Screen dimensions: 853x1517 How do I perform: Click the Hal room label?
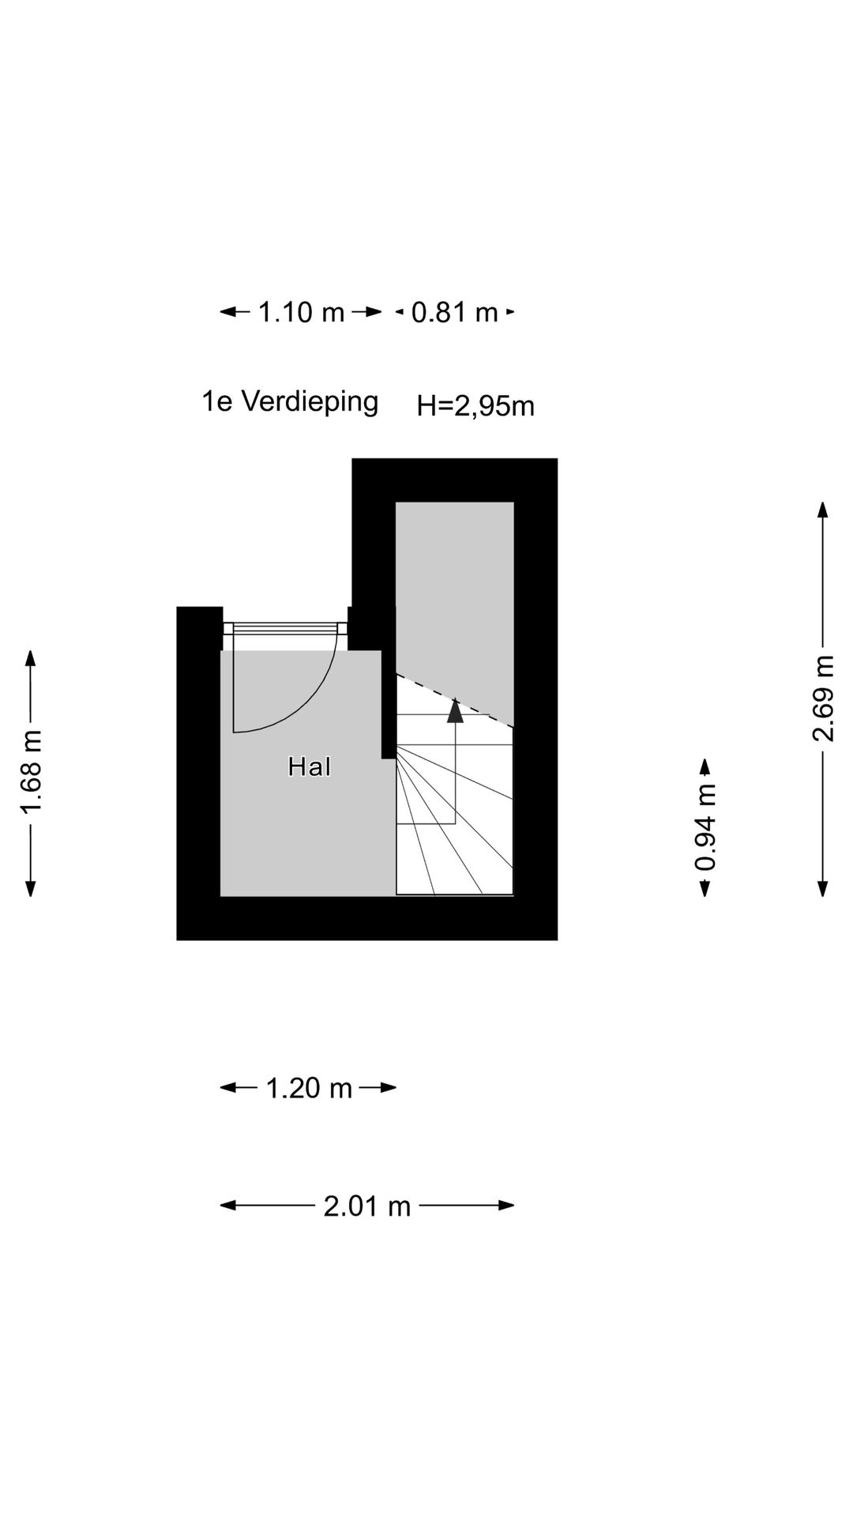[310, 766]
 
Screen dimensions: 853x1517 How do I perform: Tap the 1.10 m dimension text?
[302, 313]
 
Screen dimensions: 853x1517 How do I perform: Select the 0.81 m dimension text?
[455, 313]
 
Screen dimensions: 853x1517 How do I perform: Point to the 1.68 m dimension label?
[31, 772]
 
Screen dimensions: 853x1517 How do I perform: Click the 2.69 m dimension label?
[823, 698]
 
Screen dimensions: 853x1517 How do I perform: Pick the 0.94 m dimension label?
[705, 827]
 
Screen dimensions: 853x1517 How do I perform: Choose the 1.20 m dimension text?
[309, 1088]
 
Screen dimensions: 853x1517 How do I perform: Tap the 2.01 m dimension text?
[367, 1206]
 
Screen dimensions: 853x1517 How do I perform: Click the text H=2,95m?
[476, 406]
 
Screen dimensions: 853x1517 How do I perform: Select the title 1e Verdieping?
[290, 401]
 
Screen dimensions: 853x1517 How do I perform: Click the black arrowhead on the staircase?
[455, 710]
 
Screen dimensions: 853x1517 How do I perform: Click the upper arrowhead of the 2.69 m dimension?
[823, 510]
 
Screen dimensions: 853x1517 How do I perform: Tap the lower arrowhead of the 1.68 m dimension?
[31, 888]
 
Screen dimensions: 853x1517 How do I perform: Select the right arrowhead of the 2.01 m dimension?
[505, 1206]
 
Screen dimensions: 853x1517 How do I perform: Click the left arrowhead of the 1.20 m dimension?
[229, 1088]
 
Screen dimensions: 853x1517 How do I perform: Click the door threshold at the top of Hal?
[284, 628]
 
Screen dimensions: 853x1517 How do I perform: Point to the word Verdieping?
[310, 401]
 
